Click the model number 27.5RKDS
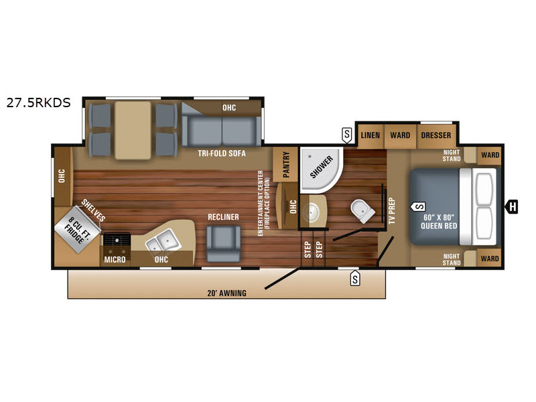coord(38,103)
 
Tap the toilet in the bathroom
coord(362,210)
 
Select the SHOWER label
coord(322,167)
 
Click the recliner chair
coord(223,243)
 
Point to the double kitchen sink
coord(163,241)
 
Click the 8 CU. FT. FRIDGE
coord(78,229)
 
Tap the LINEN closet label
coord(371,135)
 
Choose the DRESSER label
coord(436,135)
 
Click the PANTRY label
coord(286,165)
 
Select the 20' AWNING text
coord(226,293)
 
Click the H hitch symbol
coord(512,206)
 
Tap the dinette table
coord(133,130)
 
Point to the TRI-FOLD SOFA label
coord(222,153)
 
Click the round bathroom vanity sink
coord(312,212)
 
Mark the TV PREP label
coord(392,211)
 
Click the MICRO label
coord(115,259)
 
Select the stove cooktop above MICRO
coord(117,239)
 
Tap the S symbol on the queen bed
coord(418,206)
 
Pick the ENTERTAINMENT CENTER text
coord(261,203)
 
